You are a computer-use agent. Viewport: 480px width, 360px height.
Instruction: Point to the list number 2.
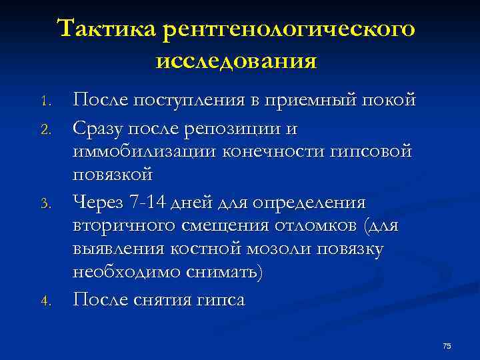coord(45,128)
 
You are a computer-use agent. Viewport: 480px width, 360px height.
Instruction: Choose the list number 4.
coord(45,301)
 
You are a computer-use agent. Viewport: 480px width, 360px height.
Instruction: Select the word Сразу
coord(101,126)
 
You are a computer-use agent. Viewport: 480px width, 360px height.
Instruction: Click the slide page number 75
coord(447,345)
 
